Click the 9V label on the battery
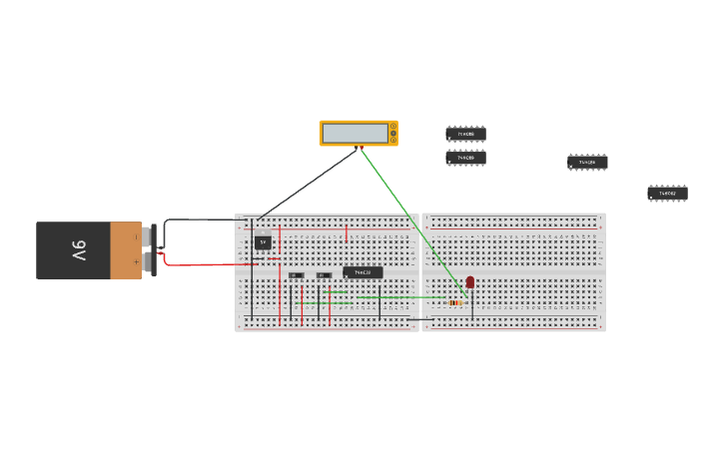point(78,250)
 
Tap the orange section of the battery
point(126,250)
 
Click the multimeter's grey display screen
point(355,133)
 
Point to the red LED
point(470,283)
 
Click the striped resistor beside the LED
point(454,302)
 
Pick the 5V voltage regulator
point(263,241)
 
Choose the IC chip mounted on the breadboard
point(362,272)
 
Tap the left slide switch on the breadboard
point(296,275)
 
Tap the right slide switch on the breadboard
point(323,275)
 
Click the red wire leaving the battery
point(200,264)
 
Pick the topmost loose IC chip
point(465,133)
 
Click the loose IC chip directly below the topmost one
point(465,158)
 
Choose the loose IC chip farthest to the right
point(667,193)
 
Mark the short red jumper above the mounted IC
point(347,233)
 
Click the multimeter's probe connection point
point(357,149)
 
